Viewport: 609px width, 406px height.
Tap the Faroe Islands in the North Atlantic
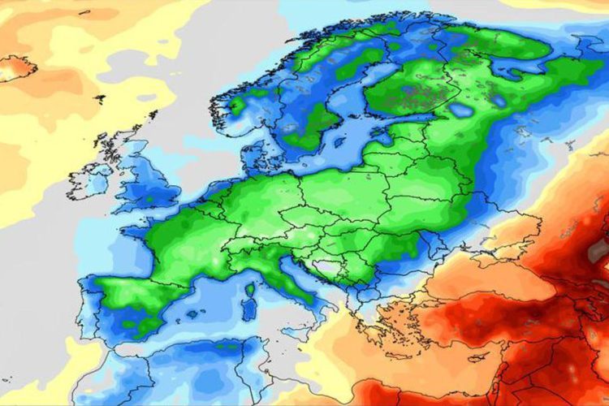click(x=99, y=98)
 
